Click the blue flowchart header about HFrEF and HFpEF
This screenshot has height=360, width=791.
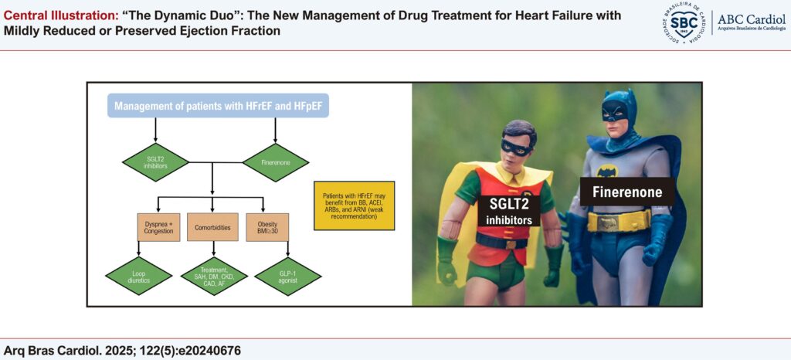pos(218,107)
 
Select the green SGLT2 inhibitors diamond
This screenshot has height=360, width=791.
pos(155,162)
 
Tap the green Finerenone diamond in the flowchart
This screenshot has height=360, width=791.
pos(276,162)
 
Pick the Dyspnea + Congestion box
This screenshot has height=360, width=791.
pos(158,227)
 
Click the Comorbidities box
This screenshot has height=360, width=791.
pos(212,227)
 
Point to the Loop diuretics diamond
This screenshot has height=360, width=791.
pos(139,276)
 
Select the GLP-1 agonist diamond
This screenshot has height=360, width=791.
pos(288,276)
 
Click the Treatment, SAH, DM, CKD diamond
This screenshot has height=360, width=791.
pos(213,276)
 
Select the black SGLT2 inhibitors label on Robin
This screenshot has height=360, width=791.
pos(509,210)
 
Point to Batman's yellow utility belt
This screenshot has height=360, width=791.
pos(619,220)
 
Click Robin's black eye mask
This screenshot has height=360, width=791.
pos(516,147)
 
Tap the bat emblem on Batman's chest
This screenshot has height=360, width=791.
pos(607,172)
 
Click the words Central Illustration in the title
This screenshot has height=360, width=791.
pos(60,16)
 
